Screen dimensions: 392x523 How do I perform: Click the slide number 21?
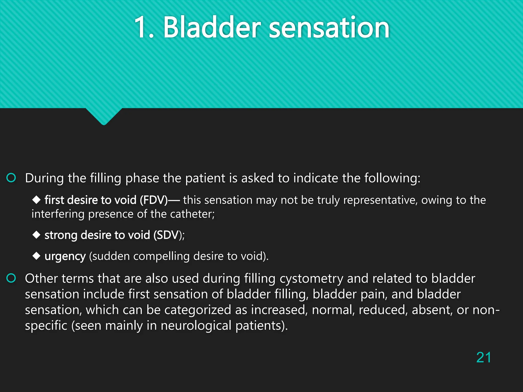click(x=483, y=357)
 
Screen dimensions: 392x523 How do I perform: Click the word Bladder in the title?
click(x=212, y=27)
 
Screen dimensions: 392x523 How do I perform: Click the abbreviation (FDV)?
click(x=153, y=200)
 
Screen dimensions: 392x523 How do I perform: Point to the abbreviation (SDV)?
click(x=168, y=235)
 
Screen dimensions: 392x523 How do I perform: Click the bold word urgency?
click(x=65, y=256)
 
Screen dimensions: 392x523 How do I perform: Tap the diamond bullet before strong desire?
click(x=37, y=235)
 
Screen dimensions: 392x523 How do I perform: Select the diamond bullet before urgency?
click(x=37, y=256)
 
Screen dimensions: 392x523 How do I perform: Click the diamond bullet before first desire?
click(x=37, y=200)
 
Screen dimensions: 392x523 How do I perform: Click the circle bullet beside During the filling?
click(x=11, y=178)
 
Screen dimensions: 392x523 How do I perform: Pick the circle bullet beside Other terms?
click(x=11, y=278)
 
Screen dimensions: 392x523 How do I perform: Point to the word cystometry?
click(x=311, y=279)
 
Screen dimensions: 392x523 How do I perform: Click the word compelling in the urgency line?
click(x=161, y=256)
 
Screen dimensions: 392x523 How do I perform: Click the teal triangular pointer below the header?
click(x=104, y=116)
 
